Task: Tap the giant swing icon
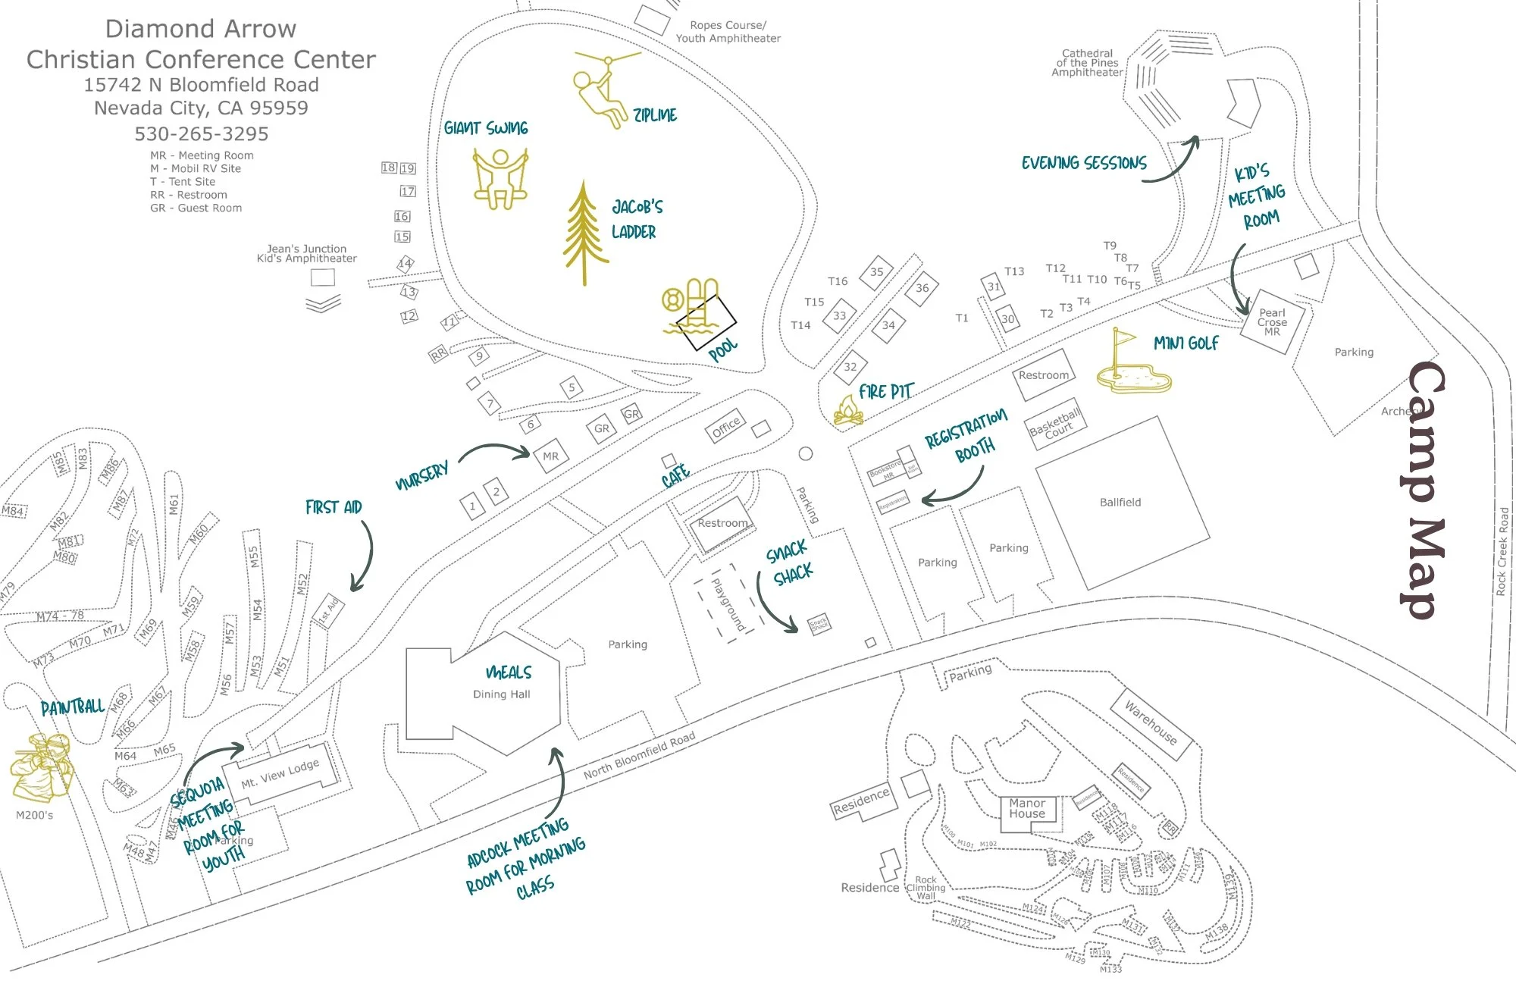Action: [x=500, y=179]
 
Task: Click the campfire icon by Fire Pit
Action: [x=848, y=411]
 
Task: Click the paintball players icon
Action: [x=42, y=766]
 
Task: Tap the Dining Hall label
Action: [x=501, y=694]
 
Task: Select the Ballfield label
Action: [x=1120, y=503]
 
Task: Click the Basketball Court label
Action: [x=1055, y=425]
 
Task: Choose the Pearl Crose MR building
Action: [x=1272, y=322]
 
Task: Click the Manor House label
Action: [x=1027, y=809]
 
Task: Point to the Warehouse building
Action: [x=1151, y=722]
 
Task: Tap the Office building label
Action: [x=725, y=427]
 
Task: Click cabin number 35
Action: [x=876, y=272]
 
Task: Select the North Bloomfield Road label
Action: [x=639, y=756]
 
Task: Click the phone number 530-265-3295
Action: [x=201, y=134]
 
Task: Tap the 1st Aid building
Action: [x=329, y=611]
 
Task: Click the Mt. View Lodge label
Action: [x=280, y=774]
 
